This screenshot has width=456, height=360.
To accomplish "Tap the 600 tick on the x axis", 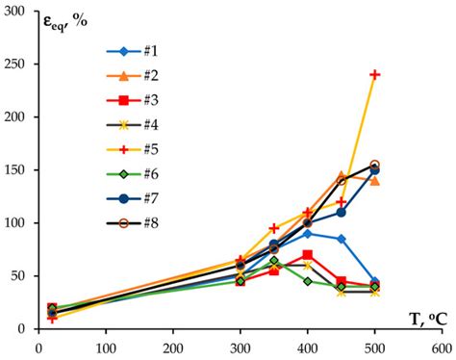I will coord(442,347).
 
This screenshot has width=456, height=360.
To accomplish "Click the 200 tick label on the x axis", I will coord(172,347).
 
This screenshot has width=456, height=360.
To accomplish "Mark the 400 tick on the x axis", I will coord(307,347).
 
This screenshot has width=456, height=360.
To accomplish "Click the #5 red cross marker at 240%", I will coord(375,74).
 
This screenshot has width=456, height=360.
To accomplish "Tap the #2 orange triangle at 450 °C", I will coord(342,176).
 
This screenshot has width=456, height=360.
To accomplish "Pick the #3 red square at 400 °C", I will coord(308,255).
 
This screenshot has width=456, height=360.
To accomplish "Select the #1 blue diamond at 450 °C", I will coord(342,239).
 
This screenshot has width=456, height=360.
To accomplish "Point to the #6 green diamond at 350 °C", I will coord(274,261).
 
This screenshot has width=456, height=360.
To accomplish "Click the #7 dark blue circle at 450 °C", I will coord(342,212).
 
